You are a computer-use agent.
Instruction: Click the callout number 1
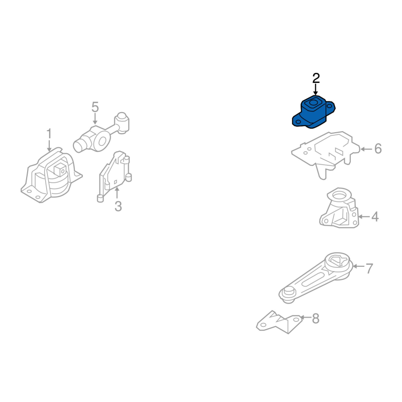49,134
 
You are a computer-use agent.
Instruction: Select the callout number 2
316,78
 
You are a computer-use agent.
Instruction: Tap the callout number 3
118,206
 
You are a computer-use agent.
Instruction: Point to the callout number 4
375,217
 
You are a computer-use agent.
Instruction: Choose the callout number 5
95,107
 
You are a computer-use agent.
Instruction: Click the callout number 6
378,149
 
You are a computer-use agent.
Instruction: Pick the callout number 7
369,268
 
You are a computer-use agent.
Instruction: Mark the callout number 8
316,319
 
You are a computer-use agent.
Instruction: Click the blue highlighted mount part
313,112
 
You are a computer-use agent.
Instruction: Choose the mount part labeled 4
339,208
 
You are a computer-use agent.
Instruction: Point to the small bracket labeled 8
279,322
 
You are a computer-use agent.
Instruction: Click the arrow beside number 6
366,149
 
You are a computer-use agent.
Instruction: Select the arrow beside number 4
364,217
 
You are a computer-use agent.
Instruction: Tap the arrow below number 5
95,119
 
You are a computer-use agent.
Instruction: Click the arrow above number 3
117,193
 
